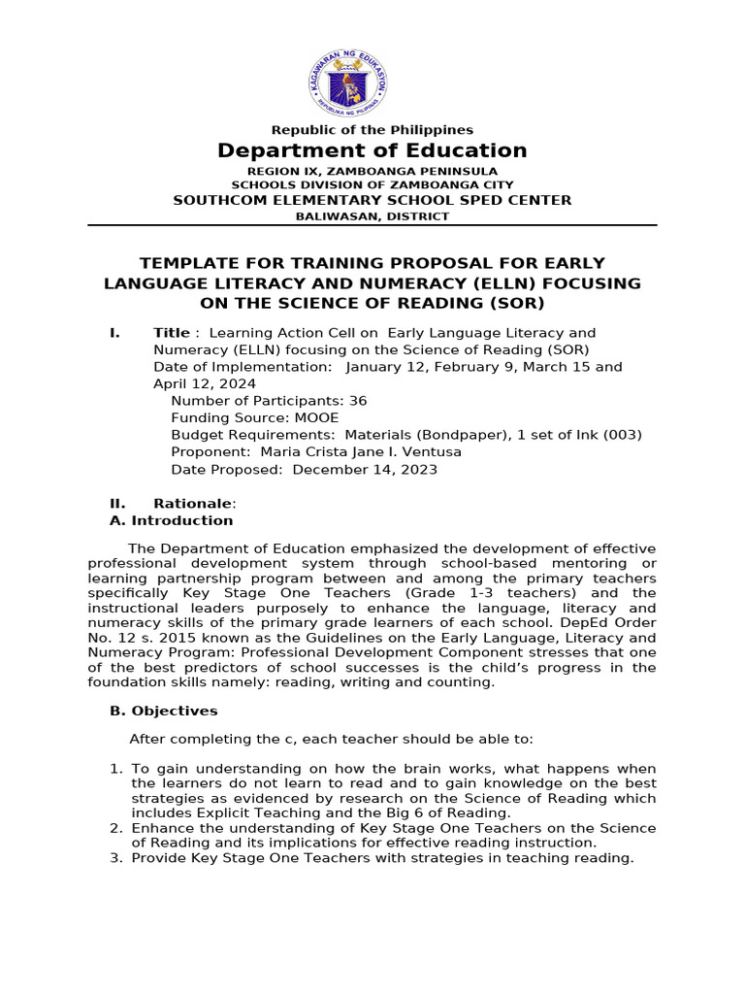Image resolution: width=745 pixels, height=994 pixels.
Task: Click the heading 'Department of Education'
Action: click(x=372, y=150)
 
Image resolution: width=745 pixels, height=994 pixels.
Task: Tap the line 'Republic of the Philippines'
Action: click(x=372, y=130)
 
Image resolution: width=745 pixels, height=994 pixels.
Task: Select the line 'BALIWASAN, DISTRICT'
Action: click(x=372, y=216)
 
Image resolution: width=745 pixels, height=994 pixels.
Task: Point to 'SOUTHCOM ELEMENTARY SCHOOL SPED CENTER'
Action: click(x=372, y=200)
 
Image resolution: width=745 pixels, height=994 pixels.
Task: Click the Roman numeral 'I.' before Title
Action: click(x=114, y=333)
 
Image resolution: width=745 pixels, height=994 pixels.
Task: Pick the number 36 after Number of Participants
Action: click(x=357, y=401)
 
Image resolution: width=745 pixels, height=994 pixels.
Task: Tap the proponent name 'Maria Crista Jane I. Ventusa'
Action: click(x=357, y=452)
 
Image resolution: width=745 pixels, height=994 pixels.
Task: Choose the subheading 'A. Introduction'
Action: click(x=172, y=520)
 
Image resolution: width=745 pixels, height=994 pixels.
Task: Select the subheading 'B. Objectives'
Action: click(x=164, y=712)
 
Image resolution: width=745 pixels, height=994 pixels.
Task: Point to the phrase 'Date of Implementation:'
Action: click(x=243, y=367)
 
